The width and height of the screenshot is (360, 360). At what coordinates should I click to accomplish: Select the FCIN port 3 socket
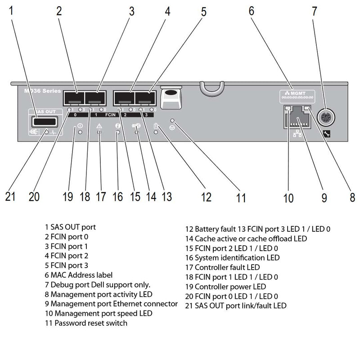(145, 98)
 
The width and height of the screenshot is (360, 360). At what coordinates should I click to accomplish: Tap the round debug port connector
(325, 118)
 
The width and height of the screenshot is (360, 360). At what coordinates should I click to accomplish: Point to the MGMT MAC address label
(296, 96)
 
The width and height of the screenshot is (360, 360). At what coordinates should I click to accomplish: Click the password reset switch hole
(172, 121)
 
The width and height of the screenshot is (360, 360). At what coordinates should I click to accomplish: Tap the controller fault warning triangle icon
(99, 126)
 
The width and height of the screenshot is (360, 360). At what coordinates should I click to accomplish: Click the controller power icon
(80, 126)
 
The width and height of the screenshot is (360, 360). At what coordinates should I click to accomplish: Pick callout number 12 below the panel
(206, 196)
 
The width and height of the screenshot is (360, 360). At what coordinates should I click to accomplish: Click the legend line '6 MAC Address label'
(79, 274)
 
